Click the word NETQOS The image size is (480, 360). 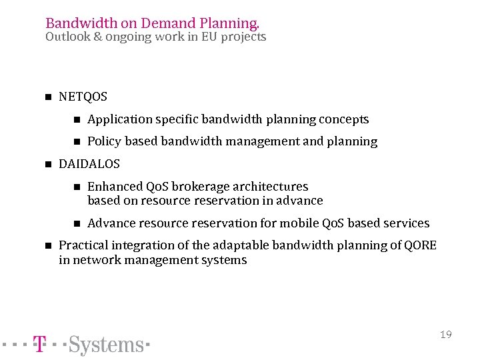[x=83, y=97]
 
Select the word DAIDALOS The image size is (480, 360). [x=89, y=164]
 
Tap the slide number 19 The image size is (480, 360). [x=446, y=334]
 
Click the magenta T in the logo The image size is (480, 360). [x=40, y=345]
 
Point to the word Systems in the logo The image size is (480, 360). [x=106, y=345]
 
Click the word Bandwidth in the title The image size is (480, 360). [x=75, y=23]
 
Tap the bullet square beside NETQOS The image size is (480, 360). [x=47, y=97]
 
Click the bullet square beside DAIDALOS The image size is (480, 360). [x=47, y=164]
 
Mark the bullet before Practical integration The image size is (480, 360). [x=47, y=245]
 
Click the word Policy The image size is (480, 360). [x=104, y=141]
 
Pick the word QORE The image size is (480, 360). [x=421, y=245]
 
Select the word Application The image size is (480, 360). [x=119, y=119]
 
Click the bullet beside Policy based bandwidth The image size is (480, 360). [x=76, y=141]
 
